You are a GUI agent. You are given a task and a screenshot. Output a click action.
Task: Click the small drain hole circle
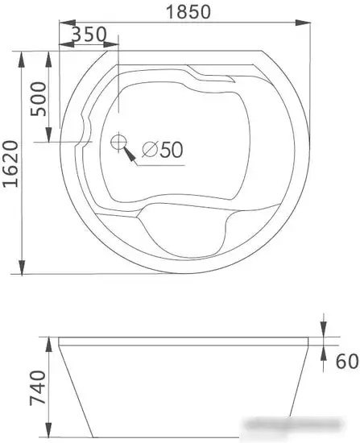(118, 143)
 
